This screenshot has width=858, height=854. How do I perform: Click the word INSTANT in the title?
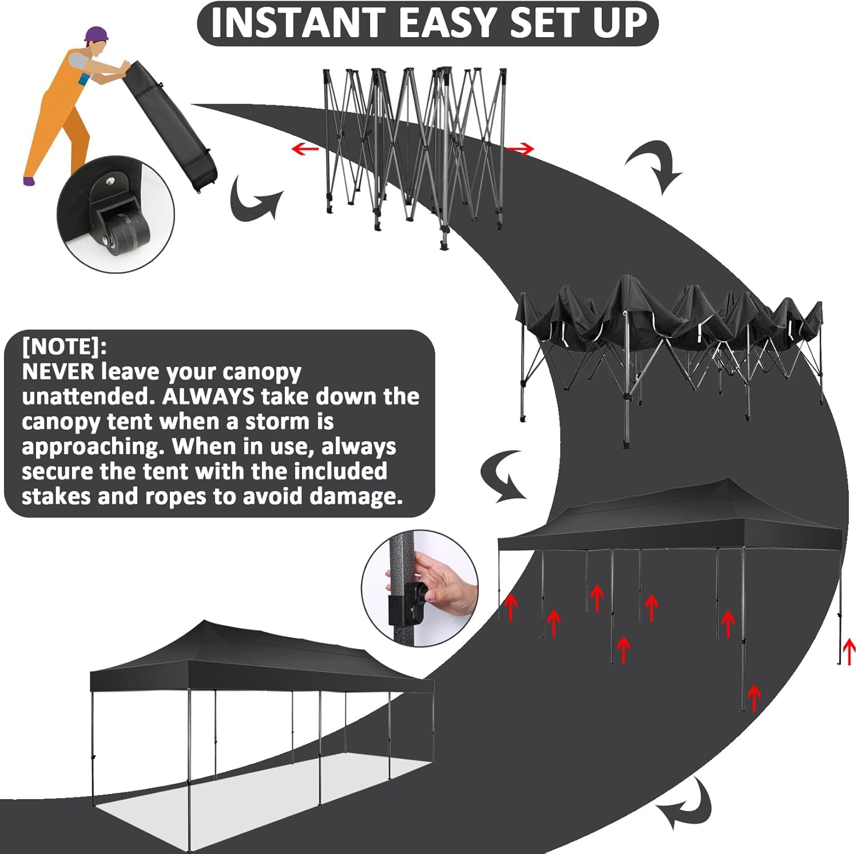click(x=298, y=23)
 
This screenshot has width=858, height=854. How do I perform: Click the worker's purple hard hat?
click(x=96, y=34)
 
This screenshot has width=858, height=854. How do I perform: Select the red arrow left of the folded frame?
click(x=305, y=149)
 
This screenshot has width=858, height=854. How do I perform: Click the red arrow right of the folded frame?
click(x=521, y=149)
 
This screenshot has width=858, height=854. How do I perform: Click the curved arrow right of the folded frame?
click(x=656, y=166)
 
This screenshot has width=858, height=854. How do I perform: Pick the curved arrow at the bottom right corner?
click(x=686, y=804)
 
